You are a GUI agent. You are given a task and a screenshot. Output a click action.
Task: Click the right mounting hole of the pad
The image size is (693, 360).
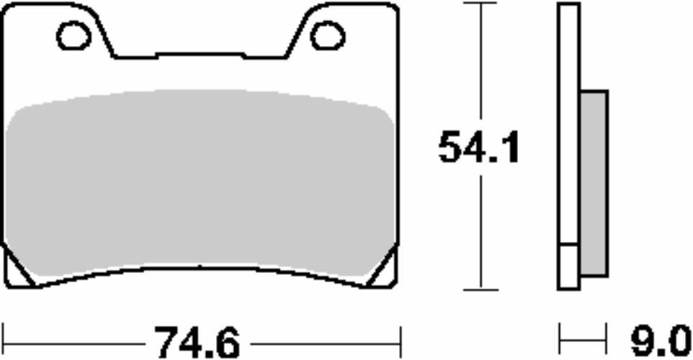coord(328,36)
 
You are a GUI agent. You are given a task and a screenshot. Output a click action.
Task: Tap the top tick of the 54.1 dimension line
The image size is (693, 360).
coord(480,4)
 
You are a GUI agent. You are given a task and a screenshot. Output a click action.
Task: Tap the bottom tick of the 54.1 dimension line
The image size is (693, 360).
coord(480,290)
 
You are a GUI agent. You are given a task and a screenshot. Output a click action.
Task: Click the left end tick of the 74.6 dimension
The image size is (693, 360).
coord(4,336)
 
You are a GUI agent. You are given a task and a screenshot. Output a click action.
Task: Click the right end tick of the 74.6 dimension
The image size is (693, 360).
coord(399,336)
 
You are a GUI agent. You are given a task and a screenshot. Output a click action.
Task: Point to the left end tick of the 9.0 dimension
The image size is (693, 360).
coord(560,336)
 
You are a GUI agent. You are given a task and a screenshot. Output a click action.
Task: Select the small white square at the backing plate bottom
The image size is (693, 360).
coord(569,267)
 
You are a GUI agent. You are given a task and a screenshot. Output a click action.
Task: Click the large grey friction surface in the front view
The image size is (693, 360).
coord(200,184)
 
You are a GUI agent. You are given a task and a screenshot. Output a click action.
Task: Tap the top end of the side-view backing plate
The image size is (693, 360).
coord(569,6)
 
